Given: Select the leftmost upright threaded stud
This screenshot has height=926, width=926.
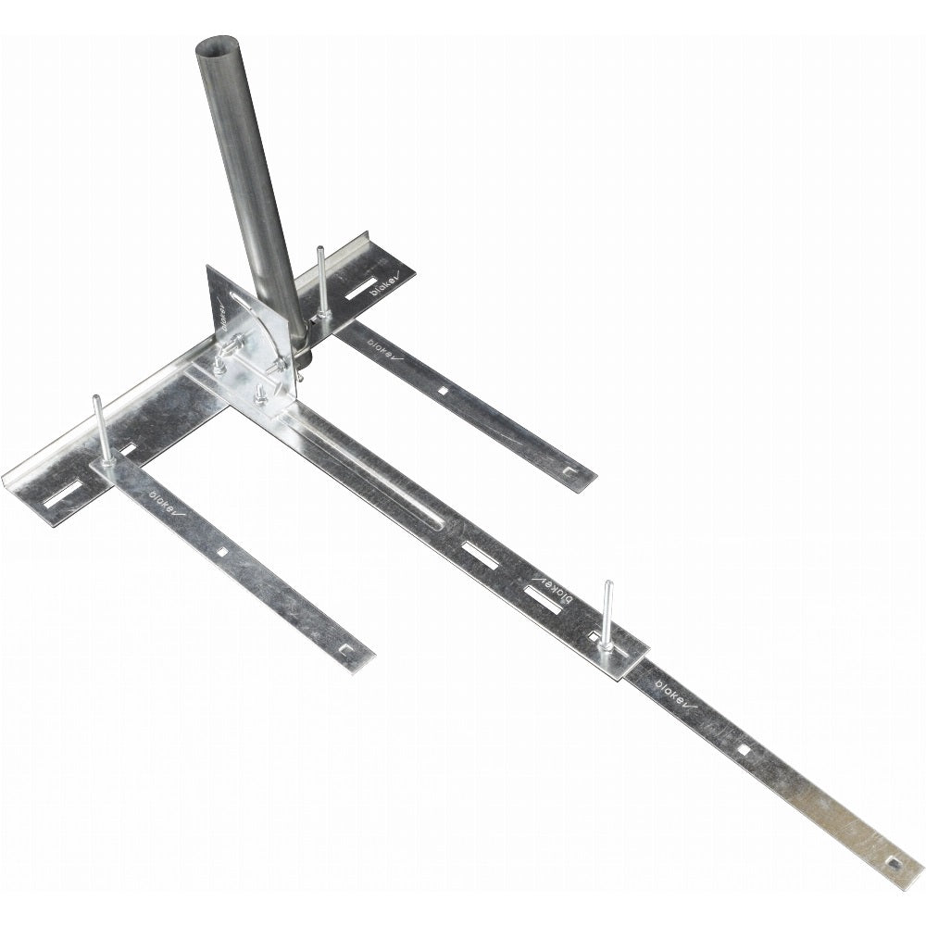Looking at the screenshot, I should coord(98,426).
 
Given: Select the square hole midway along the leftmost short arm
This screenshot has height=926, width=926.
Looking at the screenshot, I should coord(222,552).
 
